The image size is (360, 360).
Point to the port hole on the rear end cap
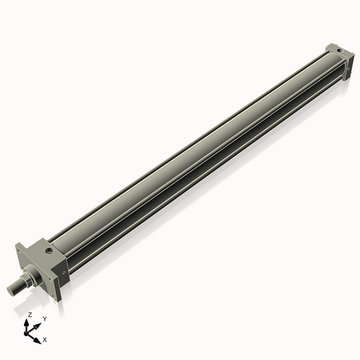tap(335, 49)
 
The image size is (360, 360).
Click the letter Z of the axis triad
tap(30, 315)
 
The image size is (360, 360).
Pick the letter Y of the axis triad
tap(44, 318)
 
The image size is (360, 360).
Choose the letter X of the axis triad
tap(45, 338)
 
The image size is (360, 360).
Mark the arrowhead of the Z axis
tap(29, 322)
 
